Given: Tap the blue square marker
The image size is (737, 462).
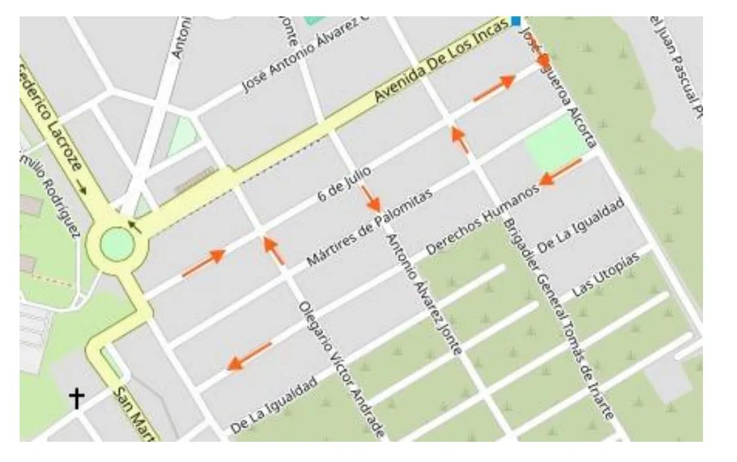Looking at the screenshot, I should click(516, 21).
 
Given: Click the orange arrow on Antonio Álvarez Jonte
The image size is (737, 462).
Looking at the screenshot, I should click(371, 199).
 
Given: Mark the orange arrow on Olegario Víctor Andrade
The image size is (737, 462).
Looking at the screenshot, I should click(274, 250).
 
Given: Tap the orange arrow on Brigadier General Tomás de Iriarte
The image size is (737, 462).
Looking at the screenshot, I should click(460, 139).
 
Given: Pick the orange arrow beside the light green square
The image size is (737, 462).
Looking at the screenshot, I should click(560, 171).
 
